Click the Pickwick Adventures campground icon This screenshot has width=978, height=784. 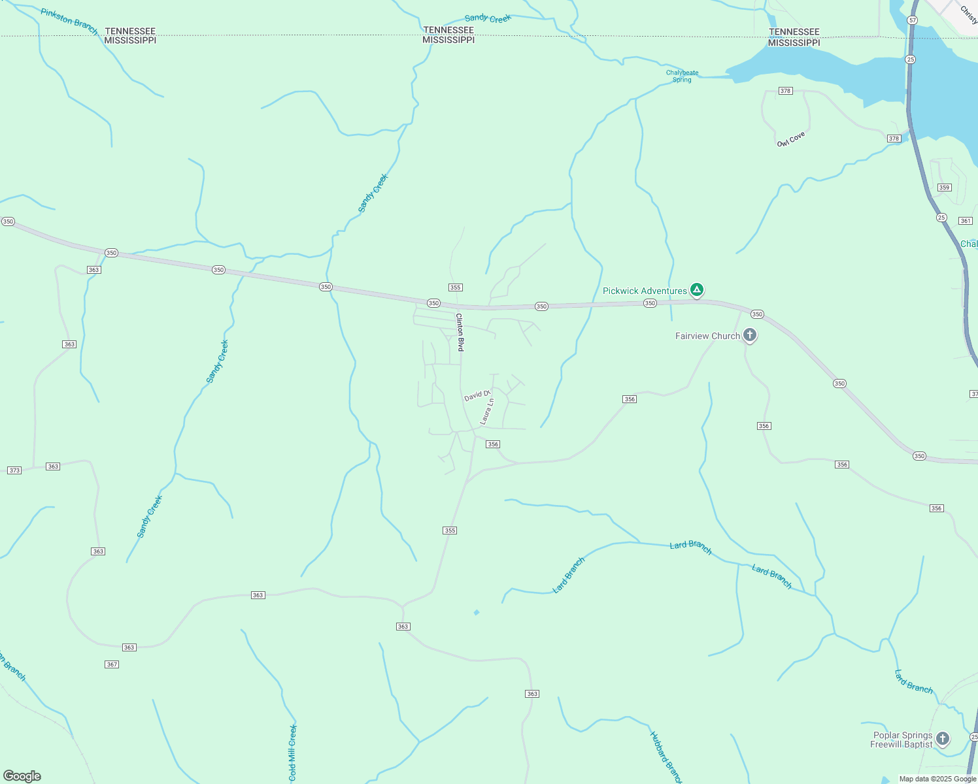[x=697, y=289]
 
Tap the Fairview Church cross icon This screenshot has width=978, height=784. [x=750, y=336]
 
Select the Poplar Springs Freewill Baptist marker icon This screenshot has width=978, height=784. [x=942, y=739]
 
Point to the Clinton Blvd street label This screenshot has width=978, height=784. [x=460, y=333]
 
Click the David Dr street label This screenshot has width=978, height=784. [x=477, y=396]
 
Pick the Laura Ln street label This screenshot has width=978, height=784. [x=487, y=412]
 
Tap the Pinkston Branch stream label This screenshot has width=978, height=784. [x=69, y=22]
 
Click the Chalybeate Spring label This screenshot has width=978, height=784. [x=682, y=76]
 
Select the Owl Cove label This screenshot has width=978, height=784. [x=791, y=139]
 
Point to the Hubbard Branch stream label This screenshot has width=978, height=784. [x=666, y=757]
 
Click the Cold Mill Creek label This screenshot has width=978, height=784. [x=292, y=753]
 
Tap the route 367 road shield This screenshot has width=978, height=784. [x=112, y=664]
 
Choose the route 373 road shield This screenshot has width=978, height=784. [x=14, y=470]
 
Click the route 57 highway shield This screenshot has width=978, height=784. [x=912, y=20]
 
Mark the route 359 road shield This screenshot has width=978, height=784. [x=944, y=188]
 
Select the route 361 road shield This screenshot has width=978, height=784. [x=966, y=221]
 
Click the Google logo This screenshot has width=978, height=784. [x=22, y=776]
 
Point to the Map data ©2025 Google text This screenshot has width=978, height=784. [x=937, y=779]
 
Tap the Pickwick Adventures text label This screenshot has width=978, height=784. [x=645, y=291]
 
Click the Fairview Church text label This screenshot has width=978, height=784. [x=707, y=336]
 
